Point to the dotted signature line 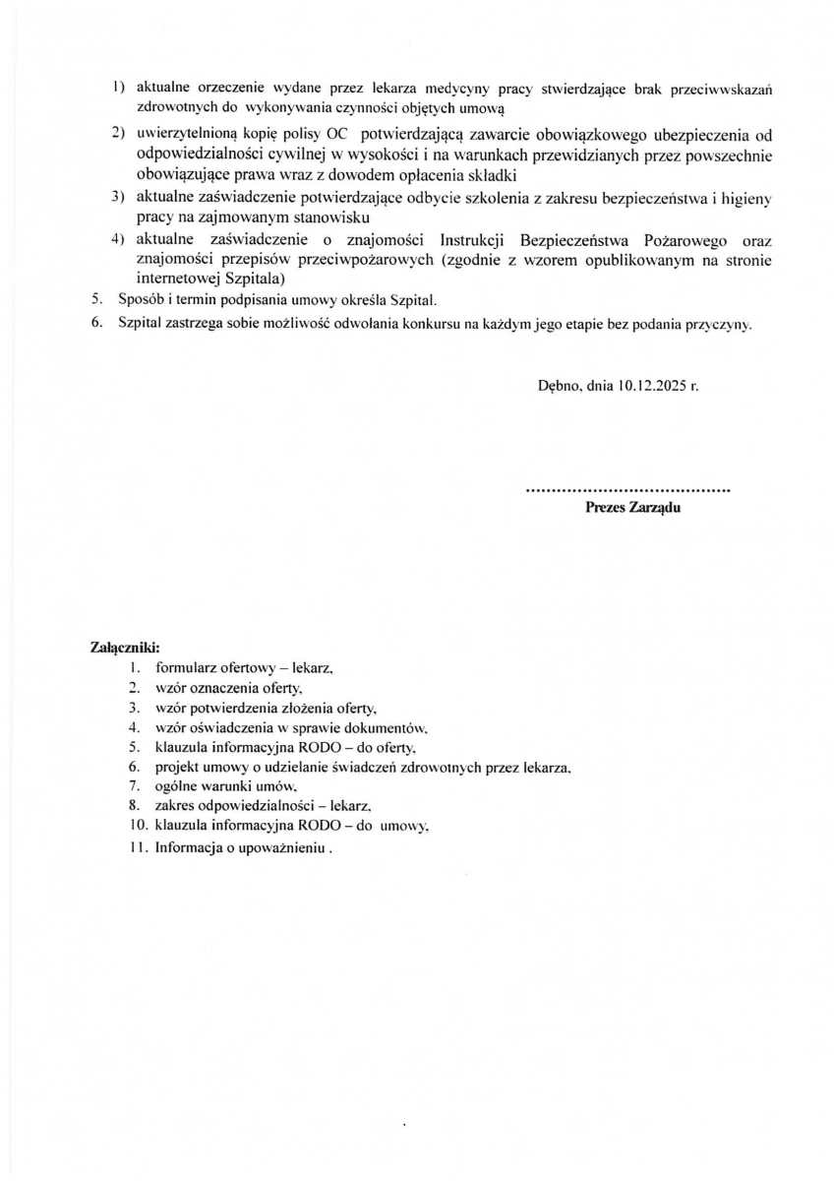[x=628, y=488]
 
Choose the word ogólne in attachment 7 [x=177, y=786]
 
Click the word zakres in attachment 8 [x=175, y=806]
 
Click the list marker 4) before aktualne [x=117, y=240]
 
